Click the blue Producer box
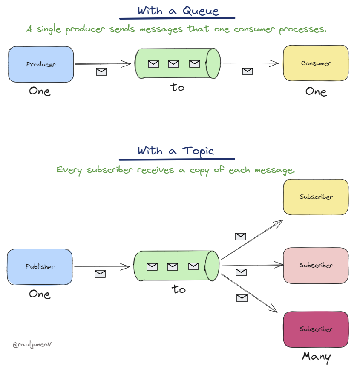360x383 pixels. pos(41,64)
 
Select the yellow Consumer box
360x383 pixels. pos(316,63)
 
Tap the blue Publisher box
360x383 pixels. pos(40,266)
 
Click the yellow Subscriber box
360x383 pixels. pos(316,197)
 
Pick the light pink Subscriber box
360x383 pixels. pos(316,265)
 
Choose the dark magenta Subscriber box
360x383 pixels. pos(316,329)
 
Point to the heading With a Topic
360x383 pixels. pos(176,151)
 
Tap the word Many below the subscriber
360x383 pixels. pos(316,357)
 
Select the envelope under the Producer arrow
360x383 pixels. pos(101,72)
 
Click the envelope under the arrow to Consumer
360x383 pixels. pos(248,71)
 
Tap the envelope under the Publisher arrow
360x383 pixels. pos(100,274)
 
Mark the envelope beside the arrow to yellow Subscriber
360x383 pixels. pos(241,236)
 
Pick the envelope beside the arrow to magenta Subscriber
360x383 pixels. pos(242,298)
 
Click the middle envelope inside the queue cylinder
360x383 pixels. pos(173,64)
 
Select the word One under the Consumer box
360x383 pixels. pos(316,91)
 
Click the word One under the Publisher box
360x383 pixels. pos(40,294)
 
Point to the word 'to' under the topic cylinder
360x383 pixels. pos(179,289)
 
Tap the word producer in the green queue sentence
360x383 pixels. pos(84,30)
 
